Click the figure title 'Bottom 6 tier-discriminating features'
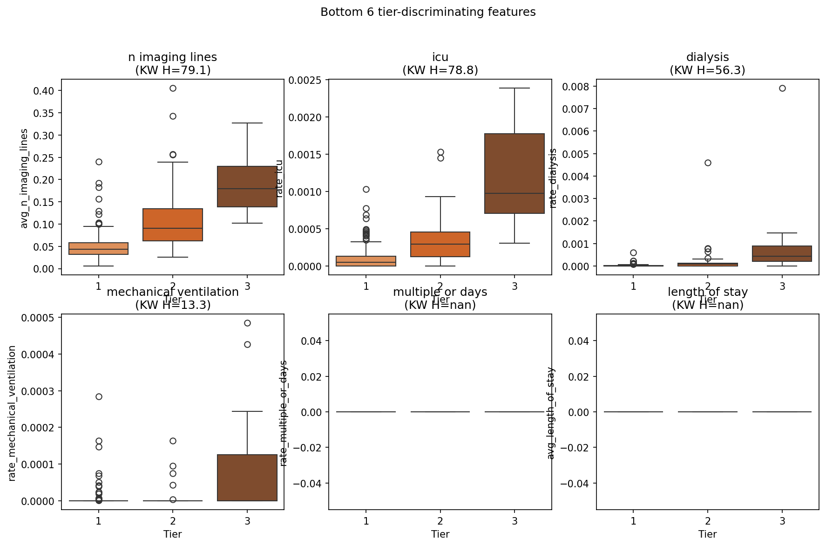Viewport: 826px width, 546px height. coord(428,12)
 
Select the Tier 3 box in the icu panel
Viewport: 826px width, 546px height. coord(515,173)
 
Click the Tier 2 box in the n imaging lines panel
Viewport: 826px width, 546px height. coord(173,225)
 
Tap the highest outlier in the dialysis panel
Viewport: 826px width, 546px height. coord(782,89)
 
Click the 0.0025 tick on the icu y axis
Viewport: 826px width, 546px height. coord(305,80)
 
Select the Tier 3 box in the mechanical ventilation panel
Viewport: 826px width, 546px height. coord(247,478)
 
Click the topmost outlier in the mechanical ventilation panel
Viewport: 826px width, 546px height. coord(247,323)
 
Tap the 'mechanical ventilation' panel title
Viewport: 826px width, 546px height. coord(173,292)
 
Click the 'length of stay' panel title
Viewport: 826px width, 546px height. coord(708,292)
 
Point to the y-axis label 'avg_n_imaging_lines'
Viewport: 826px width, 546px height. coord(24,178)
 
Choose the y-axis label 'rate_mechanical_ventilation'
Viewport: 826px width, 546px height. coord(13,413)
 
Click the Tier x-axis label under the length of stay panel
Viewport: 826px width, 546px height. coord(708,534)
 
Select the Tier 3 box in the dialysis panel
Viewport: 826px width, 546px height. coord(782,253)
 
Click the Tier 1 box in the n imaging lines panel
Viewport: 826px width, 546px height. coord(99,248)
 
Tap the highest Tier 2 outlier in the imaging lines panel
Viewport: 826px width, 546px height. coord(173,88)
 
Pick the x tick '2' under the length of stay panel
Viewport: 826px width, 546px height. coord(708,521)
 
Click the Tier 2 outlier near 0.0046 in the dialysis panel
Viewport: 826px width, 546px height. coord(708,163)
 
